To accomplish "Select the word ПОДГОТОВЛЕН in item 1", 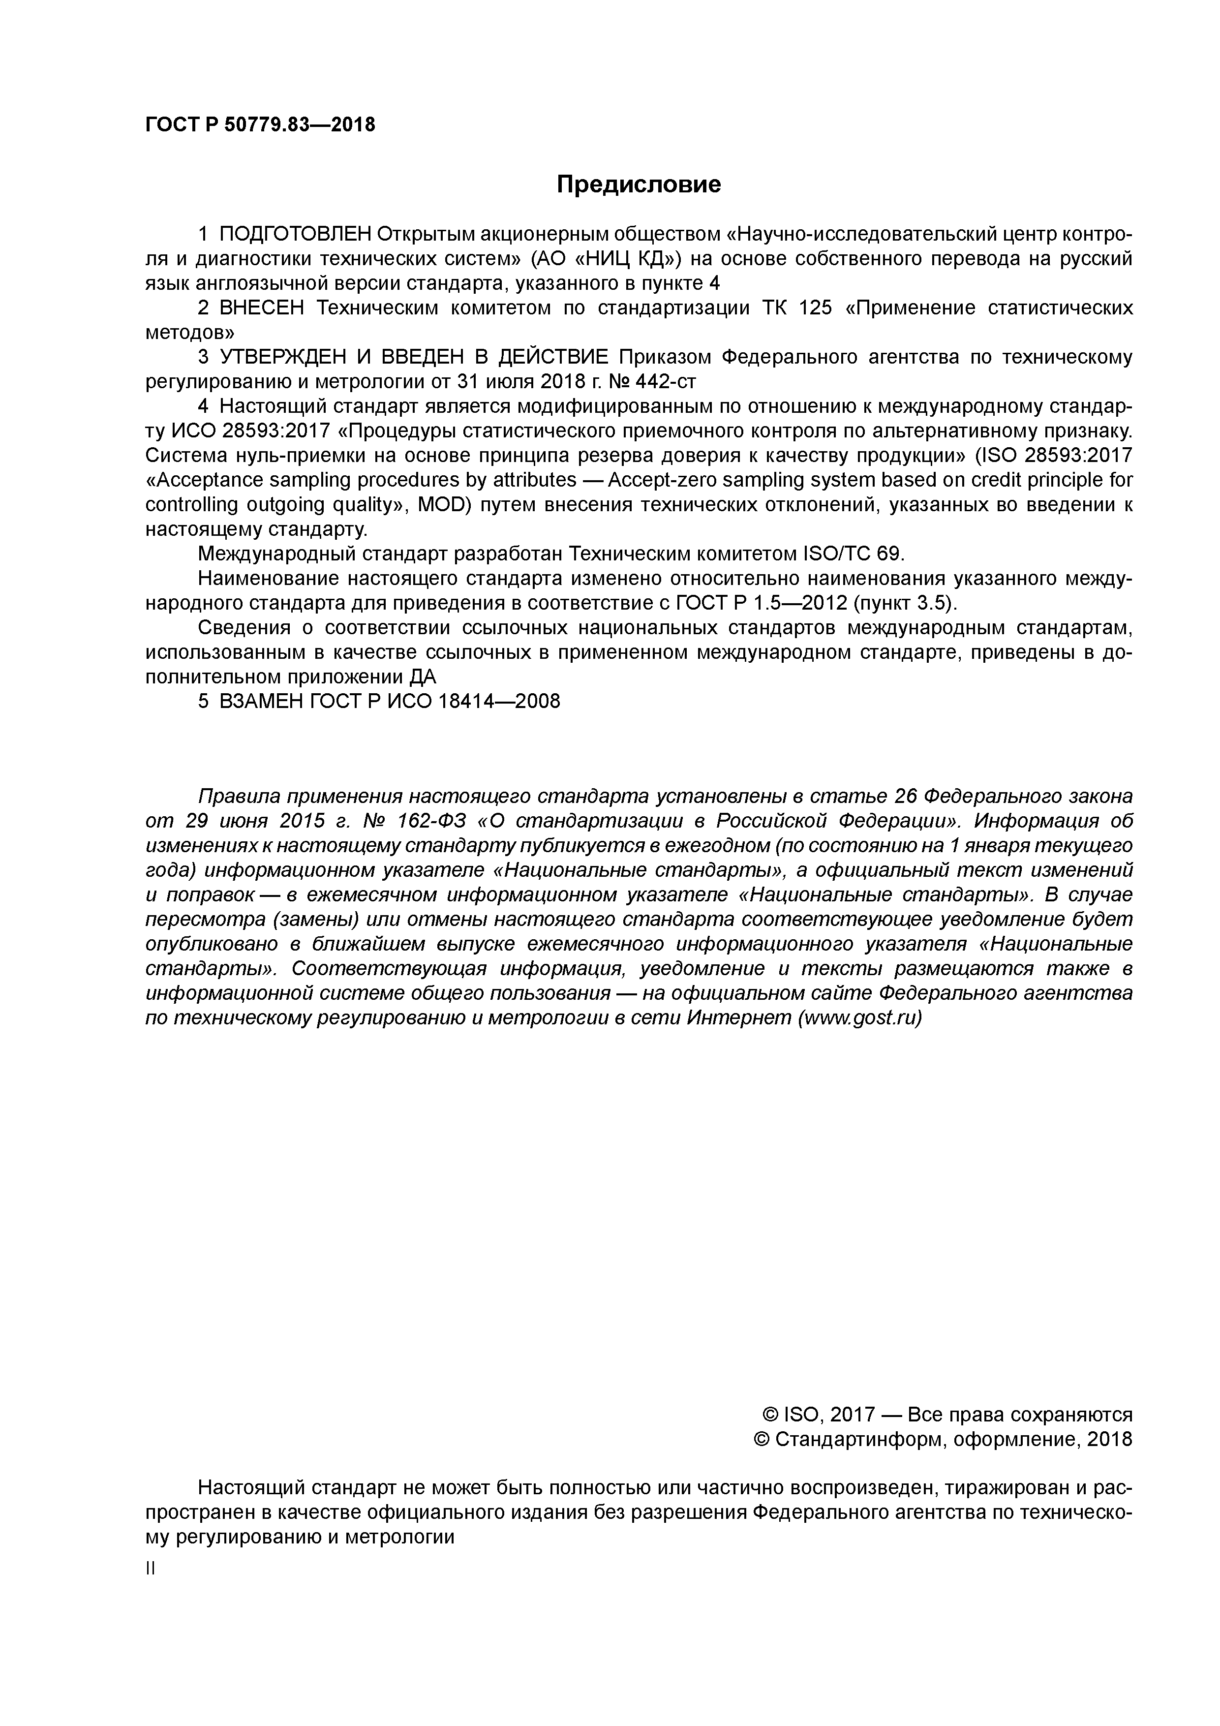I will [x=296, y=235].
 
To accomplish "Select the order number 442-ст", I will [x=665, y=382].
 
